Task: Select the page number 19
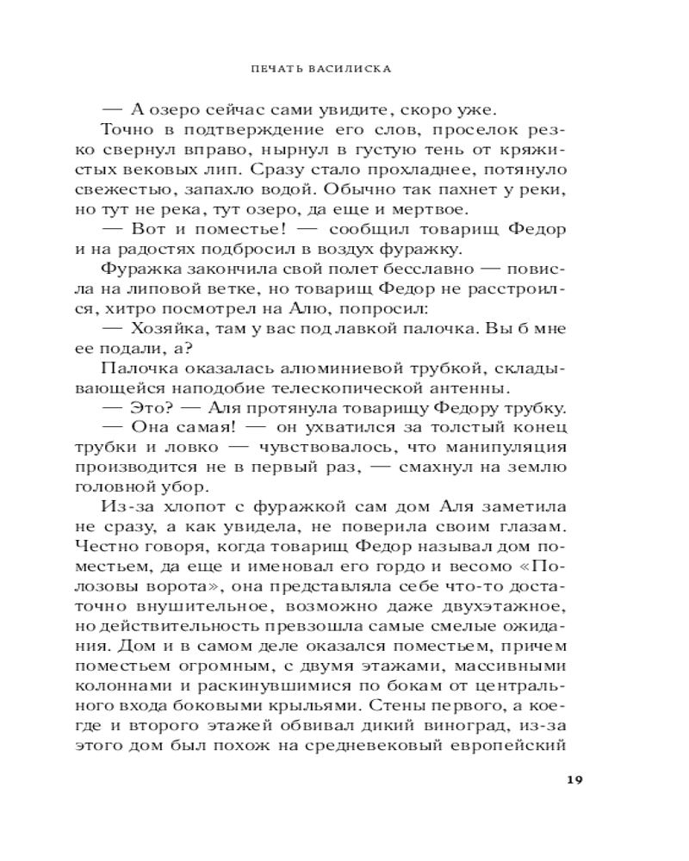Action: [574, 780]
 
